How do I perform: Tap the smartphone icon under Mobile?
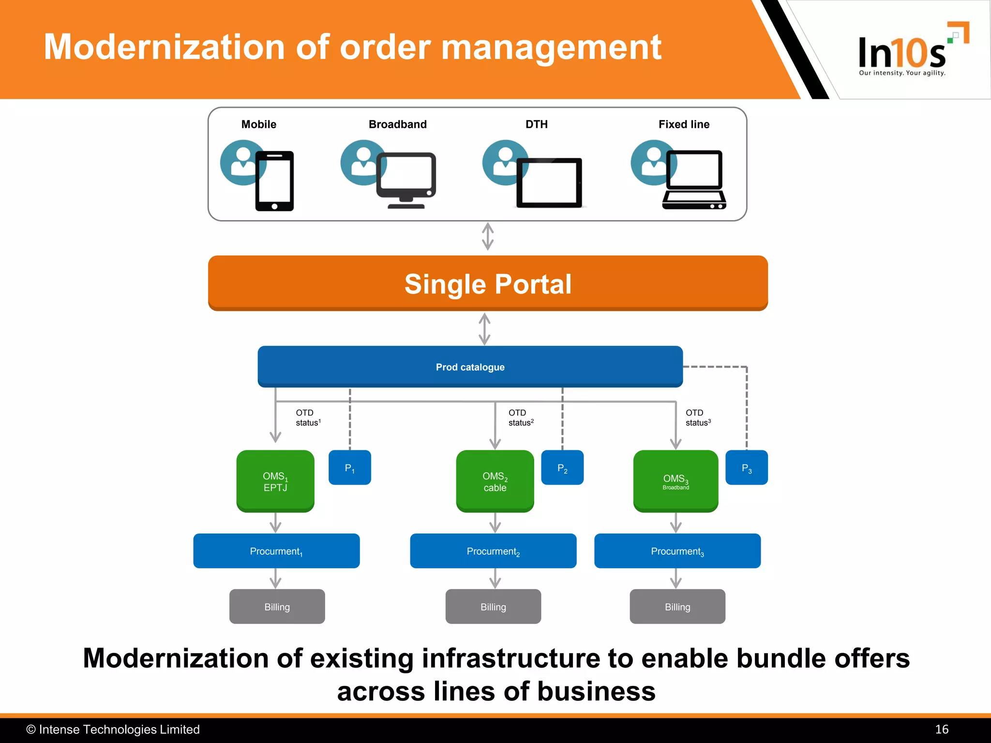[274, 181]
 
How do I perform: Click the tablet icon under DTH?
[549, 183]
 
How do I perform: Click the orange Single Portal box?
[488, 283]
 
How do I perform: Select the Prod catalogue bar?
[470, 367]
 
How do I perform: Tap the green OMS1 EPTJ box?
[275, 481]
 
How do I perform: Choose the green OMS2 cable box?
[495, 481]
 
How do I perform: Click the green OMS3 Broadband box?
[676, 481]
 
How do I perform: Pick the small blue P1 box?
[349, 468]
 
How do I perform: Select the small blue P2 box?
[562, 468]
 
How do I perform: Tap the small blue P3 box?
[747, 468]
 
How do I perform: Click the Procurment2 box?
[493, 551]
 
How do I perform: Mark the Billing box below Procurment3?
[677, 607]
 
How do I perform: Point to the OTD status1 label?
[308, 417]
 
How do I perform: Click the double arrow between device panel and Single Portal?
[488, 237]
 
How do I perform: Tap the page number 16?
[941, 729]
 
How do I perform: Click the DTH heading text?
[537, 124]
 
